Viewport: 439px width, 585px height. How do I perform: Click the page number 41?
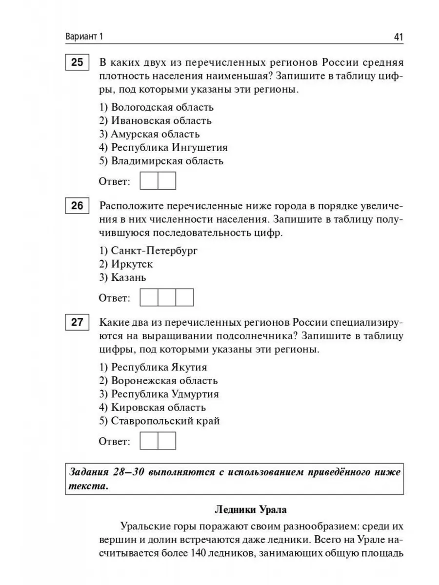point(394,38)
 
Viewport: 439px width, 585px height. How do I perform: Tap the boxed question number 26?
point(77,206)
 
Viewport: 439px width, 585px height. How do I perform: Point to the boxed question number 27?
point(77,323)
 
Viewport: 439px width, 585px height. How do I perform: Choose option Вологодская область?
point(156,107)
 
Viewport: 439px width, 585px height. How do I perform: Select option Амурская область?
point(149,134)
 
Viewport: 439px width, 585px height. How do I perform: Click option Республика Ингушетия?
point(163,147)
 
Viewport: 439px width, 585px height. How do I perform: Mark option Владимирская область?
point(161,161)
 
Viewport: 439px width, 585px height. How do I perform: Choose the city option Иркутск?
point(126,264)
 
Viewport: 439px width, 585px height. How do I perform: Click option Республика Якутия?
point(153,367)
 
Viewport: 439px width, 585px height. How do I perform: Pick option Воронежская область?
point(158,381)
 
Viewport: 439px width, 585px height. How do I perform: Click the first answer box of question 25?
point(149,181)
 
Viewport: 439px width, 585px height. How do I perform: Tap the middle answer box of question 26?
point(167,297)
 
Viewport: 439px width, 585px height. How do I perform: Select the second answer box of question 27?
point(167,441)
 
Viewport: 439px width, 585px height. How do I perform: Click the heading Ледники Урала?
point(251,510)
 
